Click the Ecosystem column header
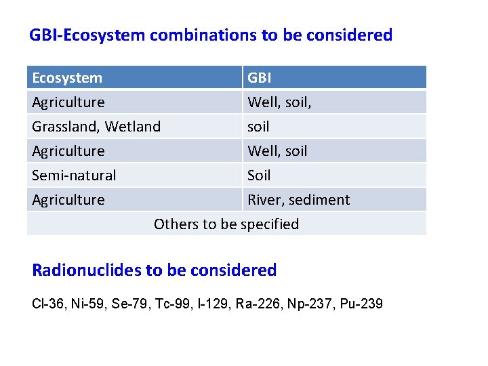(x=67, y=78)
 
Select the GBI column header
(x=260, y=78)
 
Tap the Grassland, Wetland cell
(x=96, y=127)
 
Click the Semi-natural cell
(x=74, y=176)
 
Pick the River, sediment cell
(x=298, y=200)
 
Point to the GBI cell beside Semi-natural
(x=259, y=176)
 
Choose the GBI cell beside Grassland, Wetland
(x=258, y=127)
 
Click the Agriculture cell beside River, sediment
(x=68, y=200)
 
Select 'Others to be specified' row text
(x=226, y=224)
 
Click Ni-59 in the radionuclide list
(x=88, y=304)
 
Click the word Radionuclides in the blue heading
(x=87, y=270)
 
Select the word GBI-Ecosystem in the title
(x=87, y=35)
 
